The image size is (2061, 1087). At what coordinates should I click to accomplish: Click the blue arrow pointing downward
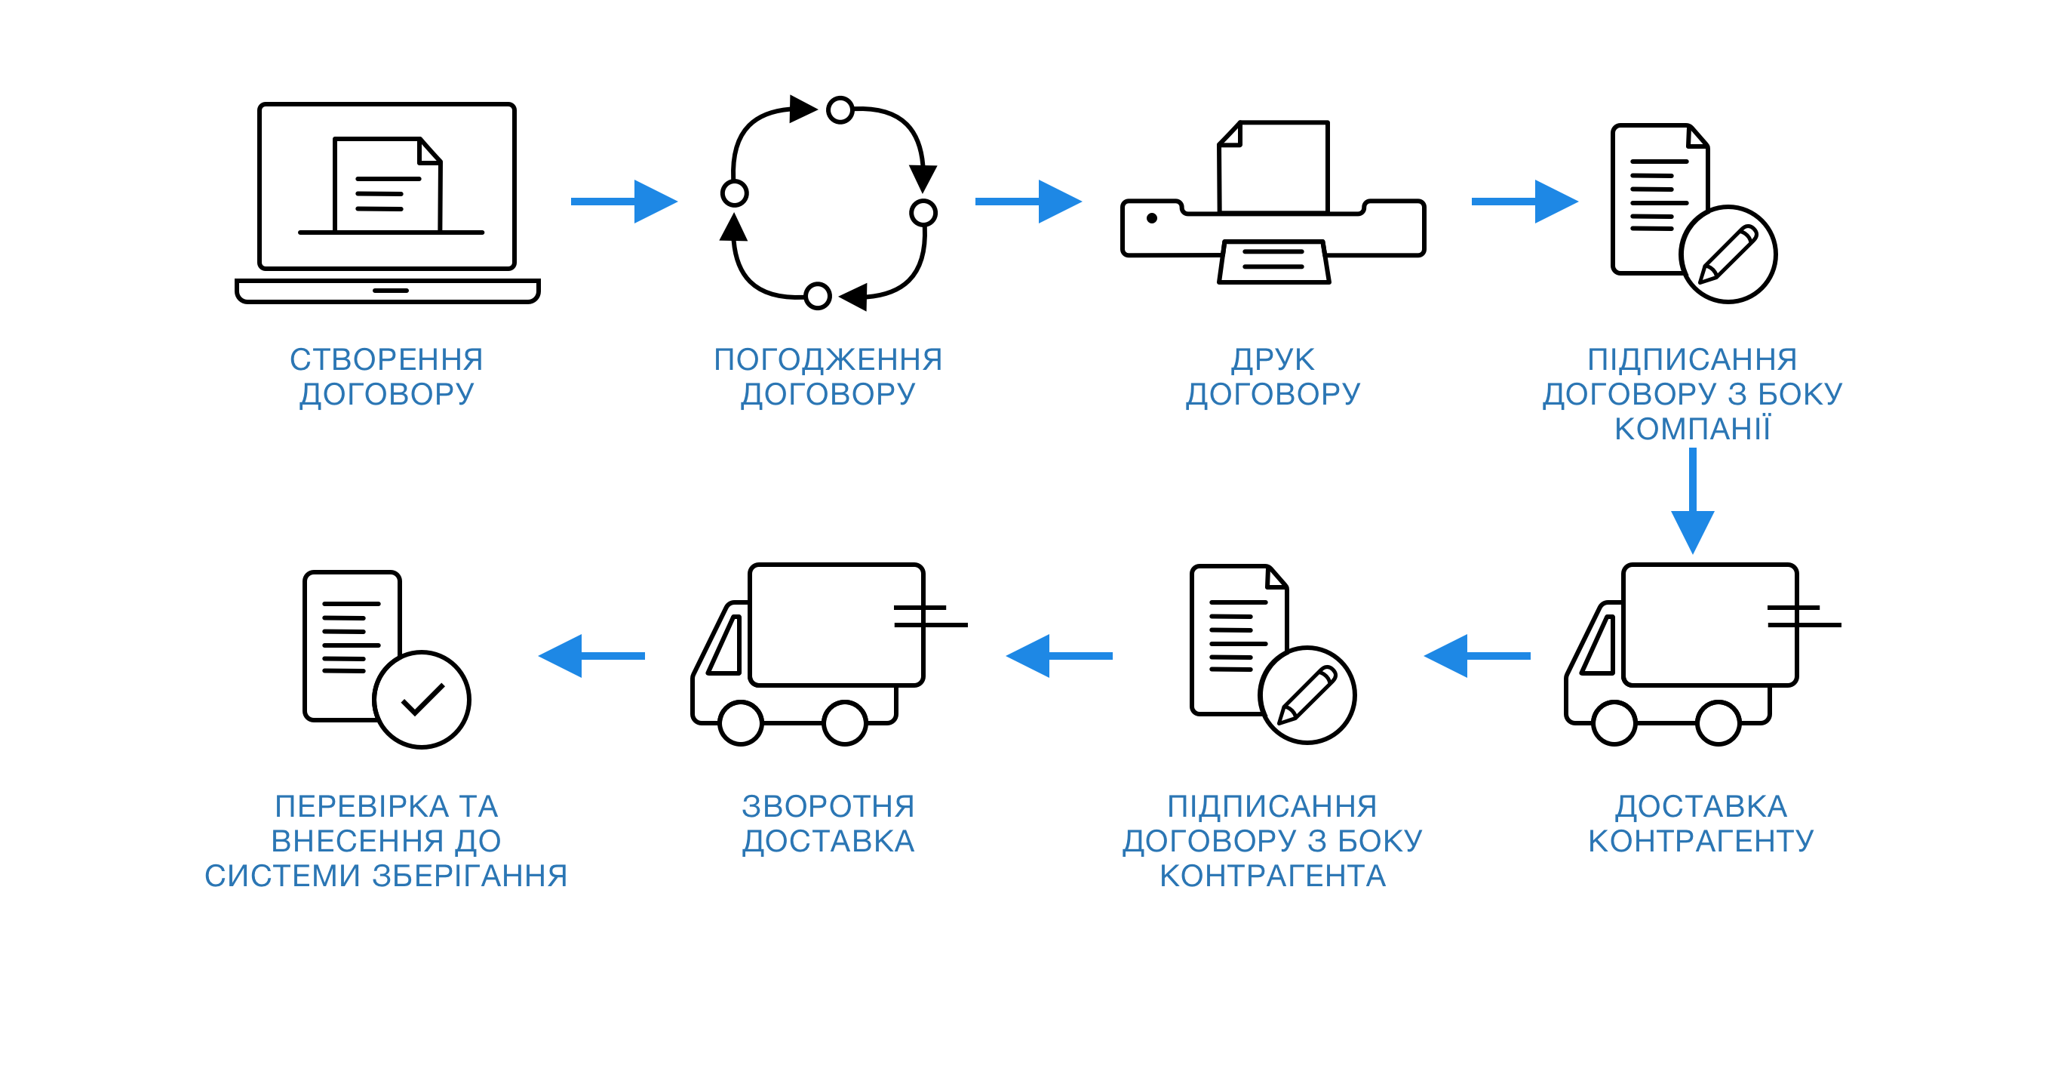coord(1692,500)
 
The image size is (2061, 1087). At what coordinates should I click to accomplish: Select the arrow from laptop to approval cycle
coord(624,202)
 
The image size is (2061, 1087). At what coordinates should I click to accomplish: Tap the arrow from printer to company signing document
coord(1525,202)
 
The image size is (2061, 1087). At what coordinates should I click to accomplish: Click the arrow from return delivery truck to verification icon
coord(591,655)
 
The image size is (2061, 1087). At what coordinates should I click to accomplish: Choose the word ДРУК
coord(1273,359)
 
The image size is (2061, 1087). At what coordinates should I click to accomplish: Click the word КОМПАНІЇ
coord(1692,428)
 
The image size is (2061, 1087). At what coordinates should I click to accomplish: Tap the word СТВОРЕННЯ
coord(386,359)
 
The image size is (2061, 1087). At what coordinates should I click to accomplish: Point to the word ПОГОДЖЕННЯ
coord(828,359)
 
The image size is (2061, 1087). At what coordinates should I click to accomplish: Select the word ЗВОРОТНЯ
coord(828,806)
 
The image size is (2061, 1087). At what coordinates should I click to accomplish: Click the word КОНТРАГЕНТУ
coord(1701,840)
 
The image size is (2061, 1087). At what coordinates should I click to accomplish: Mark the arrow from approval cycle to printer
coord(1028,202)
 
